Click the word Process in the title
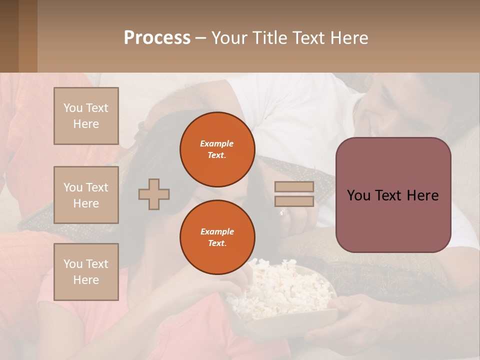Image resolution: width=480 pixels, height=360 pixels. (157, 38)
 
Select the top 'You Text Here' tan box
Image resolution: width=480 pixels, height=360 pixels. (86, 116)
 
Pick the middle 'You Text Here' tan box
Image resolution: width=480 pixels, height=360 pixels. (86, 195)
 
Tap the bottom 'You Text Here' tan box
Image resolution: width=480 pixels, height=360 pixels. (86, 271)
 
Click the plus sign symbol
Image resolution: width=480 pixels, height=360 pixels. (154, 194)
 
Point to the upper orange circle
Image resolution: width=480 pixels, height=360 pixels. (217, 149)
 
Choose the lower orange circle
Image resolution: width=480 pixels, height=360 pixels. (217, 237)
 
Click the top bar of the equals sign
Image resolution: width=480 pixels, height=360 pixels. (294, 187)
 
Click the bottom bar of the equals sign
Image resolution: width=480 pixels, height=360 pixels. (294, 201)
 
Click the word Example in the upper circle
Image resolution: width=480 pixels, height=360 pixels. (216, 143)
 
